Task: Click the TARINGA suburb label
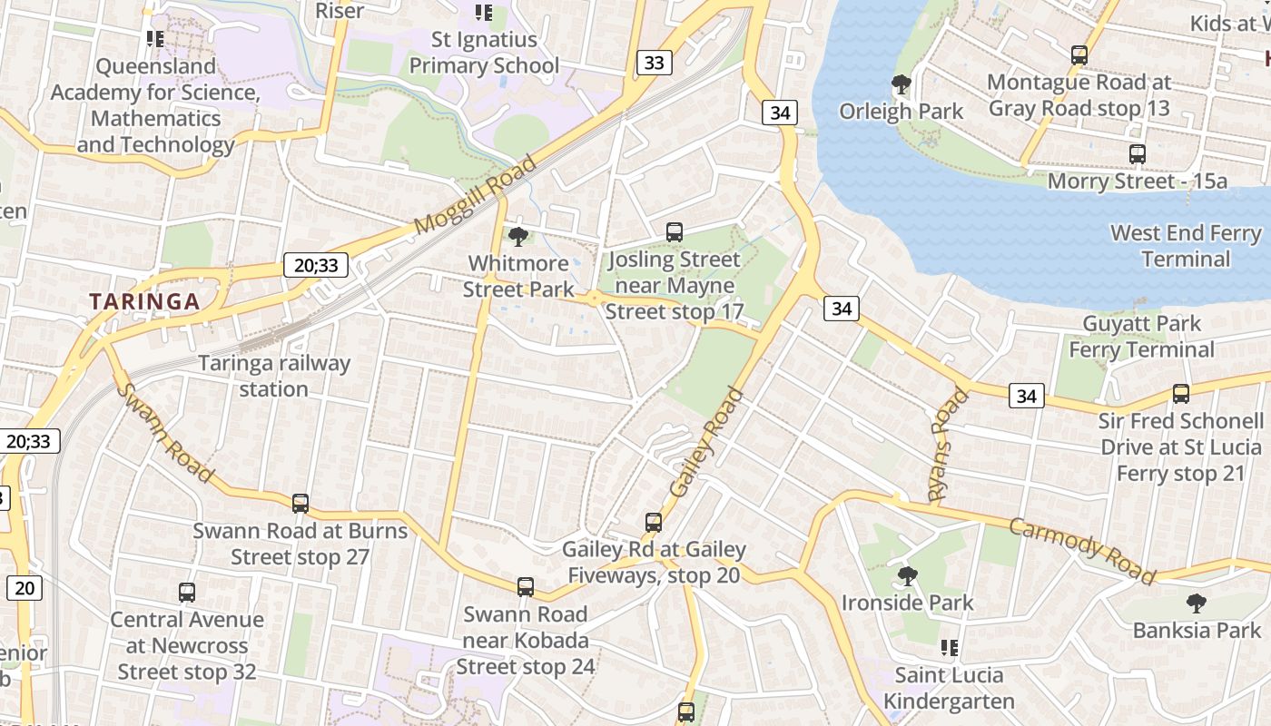144,302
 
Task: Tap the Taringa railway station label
274,376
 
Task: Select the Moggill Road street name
475,195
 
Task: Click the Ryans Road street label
944,446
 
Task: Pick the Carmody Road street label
1082,551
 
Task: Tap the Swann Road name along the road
166,433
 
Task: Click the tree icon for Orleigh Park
902,85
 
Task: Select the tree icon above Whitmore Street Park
518,237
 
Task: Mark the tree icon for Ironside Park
907,576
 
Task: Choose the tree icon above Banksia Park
1197,603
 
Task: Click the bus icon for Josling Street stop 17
674,232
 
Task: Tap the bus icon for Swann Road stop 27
301,504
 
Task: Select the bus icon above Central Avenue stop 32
187,593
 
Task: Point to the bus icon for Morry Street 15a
1138,154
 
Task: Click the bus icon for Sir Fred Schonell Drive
1181,394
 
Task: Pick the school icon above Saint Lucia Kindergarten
950,648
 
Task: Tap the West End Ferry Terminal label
1186,246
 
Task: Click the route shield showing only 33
654,63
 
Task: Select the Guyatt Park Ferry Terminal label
1141,337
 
